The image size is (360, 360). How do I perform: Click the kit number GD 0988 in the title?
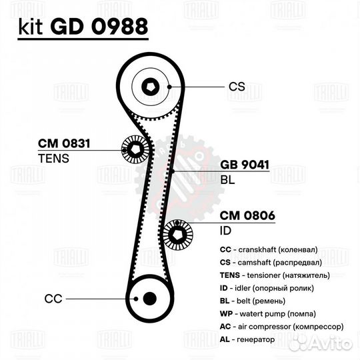[x=99, y=27]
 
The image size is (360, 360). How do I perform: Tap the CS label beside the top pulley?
[x=237, y=87]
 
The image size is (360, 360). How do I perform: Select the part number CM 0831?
[x=64, y=143]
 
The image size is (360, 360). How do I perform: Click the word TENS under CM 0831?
[x=53, y=159]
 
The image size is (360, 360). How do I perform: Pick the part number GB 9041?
[x=245, y=165]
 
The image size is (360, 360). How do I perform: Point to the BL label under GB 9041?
[x=227, y=180]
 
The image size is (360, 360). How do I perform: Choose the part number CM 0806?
[x=247, y=215]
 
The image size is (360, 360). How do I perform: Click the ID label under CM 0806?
[x=225, y=231]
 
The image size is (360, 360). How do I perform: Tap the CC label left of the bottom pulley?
[x=53, y=299]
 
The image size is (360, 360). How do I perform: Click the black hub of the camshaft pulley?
[x=151, y=87]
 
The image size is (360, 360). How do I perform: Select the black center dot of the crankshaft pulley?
[x=150, y=299]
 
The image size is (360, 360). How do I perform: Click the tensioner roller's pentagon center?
[x=135, y=149]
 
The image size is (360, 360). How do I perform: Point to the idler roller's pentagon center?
[x=177, y=235]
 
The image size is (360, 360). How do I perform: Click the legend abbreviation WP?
[x=226, y=313]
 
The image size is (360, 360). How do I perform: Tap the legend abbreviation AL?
[x=225, y=339]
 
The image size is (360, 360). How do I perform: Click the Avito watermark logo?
[x=321, y=344]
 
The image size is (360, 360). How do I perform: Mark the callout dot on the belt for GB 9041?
[x=173, y=171]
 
